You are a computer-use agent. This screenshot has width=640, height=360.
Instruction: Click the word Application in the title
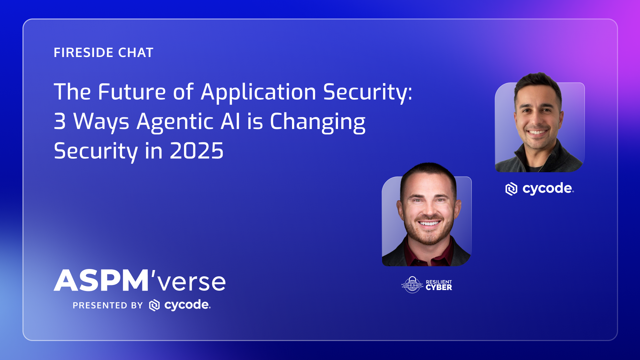[x=258, y=92]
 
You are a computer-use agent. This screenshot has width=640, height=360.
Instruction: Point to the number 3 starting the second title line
[x=60, y=121]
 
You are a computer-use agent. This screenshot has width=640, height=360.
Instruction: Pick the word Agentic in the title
[x=175, y=122]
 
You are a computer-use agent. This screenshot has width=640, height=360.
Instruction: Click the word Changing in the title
[x=317, y=122]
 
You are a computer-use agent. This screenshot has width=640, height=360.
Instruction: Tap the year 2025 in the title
[x=196, y=151]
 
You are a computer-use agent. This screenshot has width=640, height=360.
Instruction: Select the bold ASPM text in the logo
[x=101, y=281]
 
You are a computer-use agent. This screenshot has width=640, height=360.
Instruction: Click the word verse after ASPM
[x=191, y=282]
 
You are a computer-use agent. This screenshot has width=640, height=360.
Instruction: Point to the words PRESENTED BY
[x=108, y=305]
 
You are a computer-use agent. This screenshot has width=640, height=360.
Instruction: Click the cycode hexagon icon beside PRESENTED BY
[x=154, y=305]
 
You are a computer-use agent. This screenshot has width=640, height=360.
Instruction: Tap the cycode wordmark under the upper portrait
[x=547, y=189]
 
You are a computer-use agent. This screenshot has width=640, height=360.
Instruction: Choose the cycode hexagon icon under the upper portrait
[x=511, y=189]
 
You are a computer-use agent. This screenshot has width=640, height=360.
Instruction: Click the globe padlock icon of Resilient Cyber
[x=412, y=285]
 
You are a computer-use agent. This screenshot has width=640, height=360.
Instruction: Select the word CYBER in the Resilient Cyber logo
[x=439, y=288]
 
